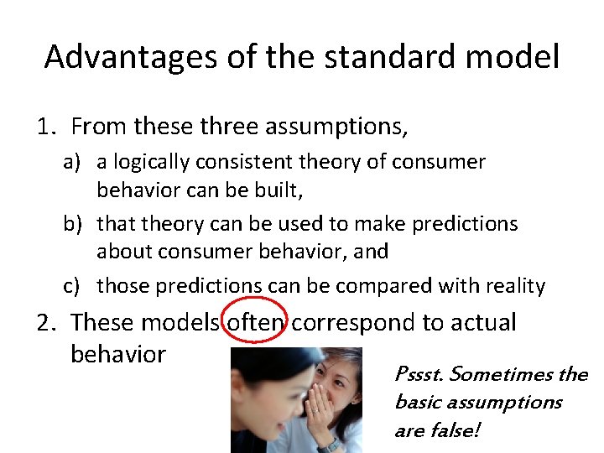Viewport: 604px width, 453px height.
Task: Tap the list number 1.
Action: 46,128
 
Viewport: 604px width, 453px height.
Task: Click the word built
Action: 279,190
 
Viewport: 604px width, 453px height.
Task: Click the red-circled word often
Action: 256,323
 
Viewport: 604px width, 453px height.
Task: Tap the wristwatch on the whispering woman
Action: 330,444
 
